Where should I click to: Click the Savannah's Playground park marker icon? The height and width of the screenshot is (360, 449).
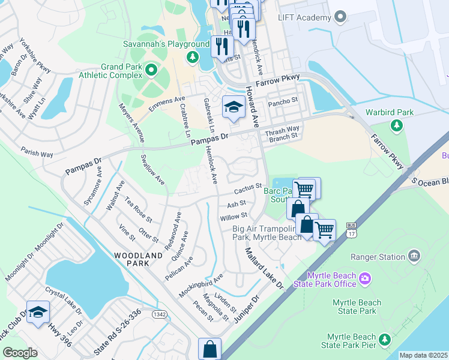193,58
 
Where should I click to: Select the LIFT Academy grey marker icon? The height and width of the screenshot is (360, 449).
340,17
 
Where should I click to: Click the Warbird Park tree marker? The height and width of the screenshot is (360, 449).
396,125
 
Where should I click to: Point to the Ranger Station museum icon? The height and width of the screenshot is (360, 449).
414,257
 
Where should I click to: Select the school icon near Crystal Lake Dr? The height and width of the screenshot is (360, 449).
38,313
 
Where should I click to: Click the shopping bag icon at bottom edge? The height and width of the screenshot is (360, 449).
209,349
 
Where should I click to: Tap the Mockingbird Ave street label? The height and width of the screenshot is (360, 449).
201,285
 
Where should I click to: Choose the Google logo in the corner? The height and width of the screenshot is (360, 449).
20,353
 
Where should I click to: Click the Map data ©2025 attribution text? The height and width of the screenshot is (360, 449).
424,355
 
